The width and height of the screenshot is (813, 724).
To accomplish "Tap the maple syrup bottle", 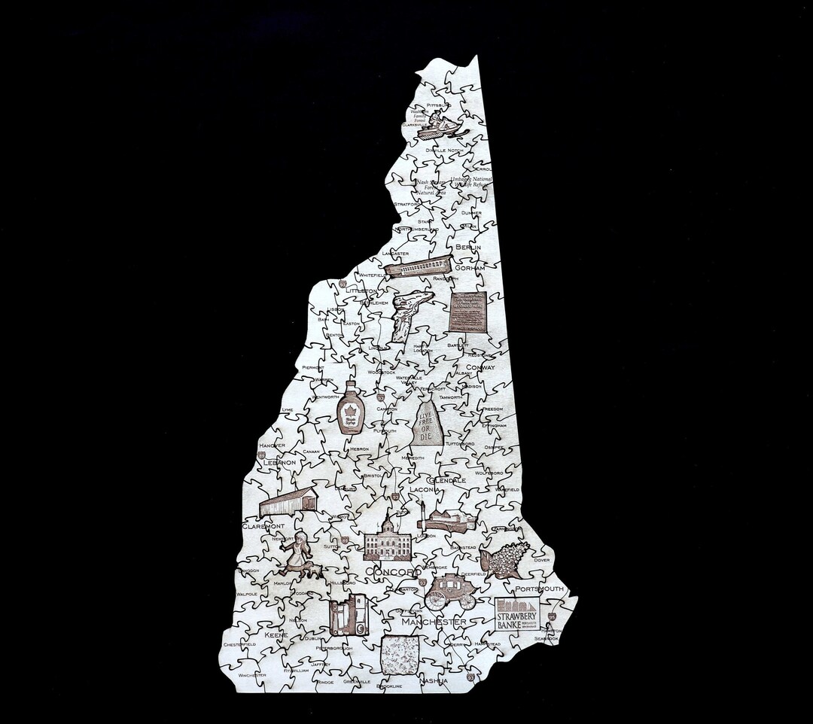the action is [x=351, y=409].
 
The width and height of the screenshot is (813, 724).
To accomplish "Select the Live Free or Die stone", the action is [x=428, y=423].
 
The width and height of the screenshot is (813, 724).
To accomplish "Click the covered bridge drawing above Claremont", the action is [x=288, y=502].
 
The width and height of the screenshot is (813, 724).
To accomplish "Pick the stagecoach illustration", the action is [x=450, y=592].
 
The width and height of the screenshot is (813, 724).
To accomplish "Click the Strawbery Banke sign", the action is [x=517, y=613].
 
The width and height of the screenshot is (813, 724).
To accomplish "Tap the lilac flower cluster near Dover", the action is [x=504, y=558].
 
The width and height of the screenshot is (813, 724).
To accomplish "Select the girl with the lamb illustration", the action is [x=298, y=555].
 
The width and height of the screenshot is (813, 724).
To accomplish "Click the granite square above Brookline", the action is [x=400, y=655].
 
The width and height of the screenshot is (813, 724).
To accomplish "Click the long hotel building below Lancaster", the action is [x=418, y=266].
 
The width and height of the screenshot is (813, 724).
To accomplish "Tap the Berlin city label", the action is [x=468, y=247].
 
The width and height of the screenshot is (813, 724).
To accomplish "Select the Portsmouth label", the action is [x=540, y=588].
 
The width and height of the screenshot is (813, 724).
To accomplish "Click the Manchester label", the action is [x=434, y=622].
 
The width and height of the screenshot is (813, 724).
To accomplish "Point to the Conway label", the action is [x=480, y=367].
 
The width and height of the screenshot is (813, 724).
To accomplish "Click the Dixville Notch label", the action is [x=445, y=151].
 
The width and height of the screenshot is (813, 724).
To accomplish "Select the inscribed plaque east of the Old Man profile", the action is [x=467, y=312].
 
